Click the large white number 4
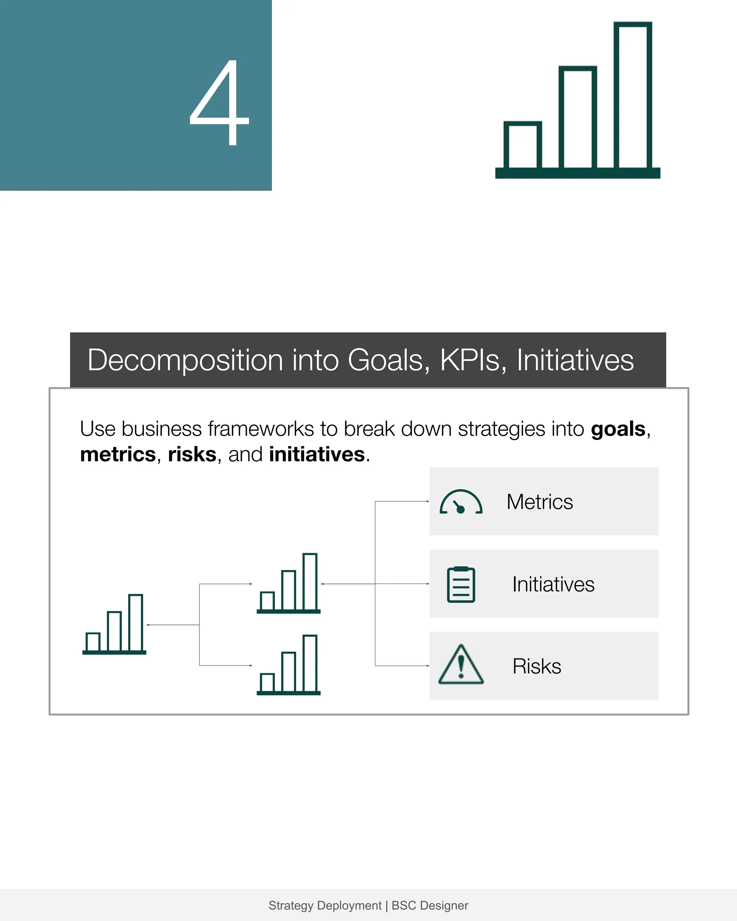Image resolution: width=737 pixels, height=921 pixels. tap(220, 103)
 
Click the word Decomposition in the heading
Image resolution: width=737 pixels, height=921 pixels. tap(185, 360)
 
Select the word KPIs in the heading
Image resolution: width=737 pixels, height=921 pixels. tap(469, 360)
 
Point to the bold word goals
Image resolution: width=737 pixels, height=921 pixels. tap(618, 429)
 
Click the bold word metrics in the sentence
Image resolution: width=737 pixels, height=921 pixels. tap(118, 454)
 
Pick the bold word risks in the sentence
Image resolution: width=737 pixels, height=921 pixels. tap(192, 454)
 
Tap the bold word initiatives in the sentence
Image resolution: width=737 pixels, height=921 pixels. tap(317, 454)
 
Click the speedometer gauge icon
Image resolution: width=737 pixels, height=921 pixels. tap(461, 502)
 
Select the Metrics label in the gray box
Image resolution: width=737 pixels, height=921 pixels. tap(539, 502)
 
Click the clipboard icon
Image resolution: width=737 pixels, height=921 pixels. tap(461, 584)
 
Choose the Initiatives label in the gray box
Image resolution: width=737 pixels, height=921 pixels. tap(553, 584)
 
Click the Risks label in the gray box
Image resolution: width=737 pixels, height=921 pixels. tap(537, 666)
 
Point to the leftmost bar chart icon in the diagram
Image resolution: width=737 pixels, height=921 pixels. tap(114, 625)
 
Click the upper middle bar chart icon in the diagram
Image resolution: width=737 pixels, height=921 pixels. tap(289, 584)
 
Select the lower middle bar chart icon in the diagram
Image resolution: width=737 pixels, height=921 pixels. tap(289, 665)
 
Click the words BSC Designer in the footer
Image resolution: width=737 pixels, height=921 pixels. tap(430, 906)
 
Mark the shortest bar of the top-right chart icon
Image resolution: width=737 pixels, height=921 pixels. tap(523, 145)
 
